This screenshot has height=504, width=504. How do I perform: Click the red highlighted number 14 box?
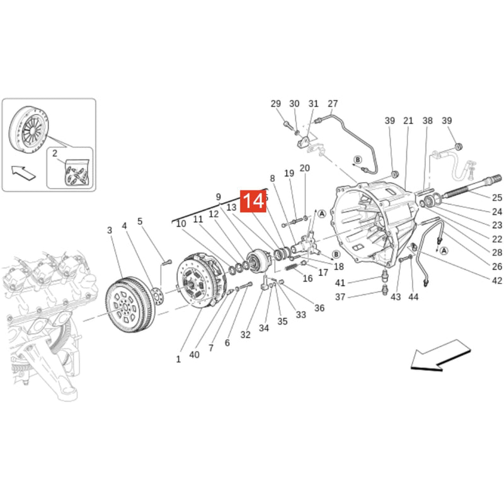point(253,201)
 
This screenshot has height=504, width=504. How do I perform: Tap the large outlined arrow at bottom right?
point(441,354)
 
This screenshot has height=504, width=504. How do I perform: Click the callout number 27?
point(333,104)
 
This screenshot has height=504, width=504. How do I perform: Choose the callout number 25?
point(497,198)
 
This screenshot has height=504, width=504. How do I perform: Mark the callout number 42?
point(497,281)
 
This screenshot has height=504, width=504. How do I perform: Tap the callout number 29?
point(276,104)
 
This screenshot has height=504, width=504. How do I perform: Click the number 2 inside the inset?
point(55,153)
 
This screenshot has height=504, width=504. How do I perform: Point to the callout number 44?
point(413,297)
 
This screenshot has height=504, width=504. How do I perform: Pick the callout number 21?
point(408,121)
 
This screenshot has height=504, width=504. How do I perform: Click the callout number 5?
point(140,221)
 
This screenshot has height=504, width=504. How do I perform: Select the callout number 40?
point(194,355)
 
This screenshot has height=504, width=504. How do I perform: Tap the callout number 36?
point(319,308)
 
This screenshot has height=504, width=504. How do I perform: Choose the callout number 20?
point(305,168)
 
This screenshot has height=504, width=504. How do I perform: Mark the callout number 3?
point(110,231)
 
